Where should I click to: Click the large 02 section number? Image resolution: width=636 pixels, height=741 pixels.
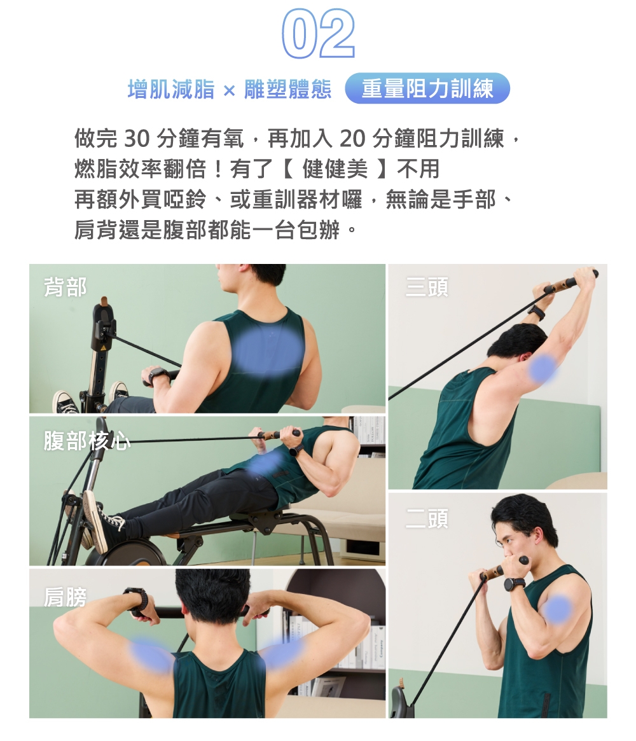(x=318, y=33)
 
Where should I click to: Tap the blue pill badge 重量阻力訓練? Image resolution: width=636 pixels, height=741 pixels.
(x=427, y=88)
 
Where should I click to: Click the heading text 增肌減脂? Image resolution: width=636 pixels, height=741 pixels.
(x=171, y=89)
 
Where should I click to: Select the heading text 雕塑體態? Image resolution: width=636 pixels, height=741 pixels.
(x=287, y=89)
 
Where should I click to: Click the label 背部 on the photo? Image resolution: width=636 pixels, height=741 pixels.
(x=66, y=287)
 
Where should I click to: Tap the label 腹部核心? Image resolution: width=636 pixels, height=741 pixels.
(x=87, y=440)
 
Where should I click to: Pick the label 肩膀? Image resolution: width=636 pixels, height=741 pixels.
(x=66, y=597)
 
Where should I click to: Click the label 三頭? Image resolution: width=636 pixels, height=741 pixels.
(x=427, y=287)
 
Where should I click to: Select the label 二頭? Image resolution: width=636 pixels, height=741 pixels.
(x=427, y=518)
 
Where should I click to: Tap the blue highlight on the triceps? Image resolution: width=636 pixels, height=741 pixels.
(x=543, y=368)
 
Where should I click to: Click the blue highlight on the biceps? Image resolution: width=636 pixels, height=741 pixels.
(x=558, y=609)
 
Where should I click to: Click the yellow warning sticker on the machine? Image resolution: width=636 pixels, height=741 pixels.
(x=102, y=349)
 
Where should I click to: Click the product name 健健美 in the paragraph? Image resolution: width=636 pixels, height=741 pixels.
(x=335, y=169)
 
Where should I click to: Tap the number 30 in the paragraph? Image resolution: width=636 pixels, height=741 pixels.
(x=137, y=139)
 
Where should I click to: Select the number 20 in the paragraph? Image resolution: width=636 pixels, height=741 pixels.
(x=352, y=139)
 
